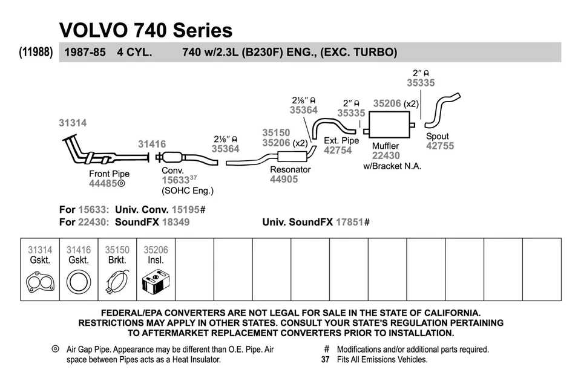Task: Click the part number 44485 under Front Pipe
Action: [x=103, y=184]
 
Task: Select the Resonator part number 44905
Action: [x=284, y=180]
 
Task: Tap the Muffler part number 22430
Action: [x=385, y=155]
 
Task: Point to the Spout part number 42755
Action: [x=439, y=146]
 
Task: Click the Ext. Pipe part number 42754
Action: [x=338, y=150]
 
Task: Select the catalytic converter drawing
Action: [x=174, y=158]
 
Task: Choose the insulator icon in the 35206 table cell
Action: [x=156, y=282]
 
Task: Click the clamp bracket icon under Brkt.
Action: [x=117, y=282]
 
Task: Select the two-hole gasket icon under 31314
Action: [x=40, y=282]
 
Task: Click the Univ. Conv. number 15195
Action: [x=186, y=209]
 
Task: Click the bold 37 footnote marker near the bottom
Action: [x=325, y=359]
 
